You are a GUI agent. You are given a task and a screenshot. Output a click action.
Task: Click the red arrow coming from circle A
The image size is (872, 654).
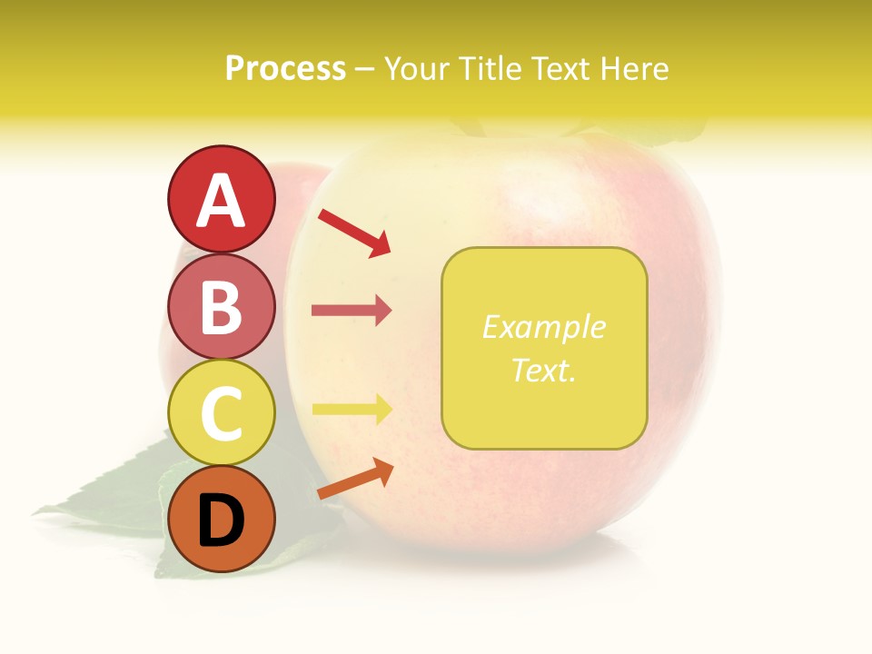(354, 232)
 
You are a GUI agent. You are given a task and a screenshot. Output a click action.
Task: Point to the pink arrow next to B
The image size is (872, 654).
(351, 311)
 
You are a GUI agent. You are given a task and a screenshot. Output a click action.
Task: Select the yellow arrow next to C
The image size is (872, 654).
(351, 410)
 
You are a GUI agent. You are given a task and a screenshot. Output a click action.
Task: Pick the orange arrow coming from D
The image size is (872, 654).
(355, 480)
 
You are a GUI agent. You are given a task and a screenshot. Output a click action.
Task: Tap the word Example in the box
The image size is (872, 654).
(543, 327)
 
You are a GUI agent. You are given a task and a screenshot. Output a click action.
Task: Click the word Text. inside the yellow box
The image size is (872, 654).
(543, 370)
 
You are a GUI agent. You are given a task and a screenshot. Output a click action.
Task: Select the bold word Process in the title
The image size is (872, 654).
(285, 68)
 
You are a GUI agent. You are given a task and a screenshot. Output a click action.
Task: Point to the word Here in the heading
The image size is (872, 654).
(635, 68)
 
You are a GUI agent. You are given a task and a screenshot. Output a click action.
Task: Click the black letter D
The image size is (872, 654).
(222, 521)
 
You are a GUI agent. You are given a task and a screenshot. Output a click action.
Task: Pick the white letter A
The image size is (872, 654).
(222, 201)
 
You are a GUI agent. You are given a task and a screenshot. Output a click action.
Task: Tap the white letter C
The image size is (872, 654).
(222, 414)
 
